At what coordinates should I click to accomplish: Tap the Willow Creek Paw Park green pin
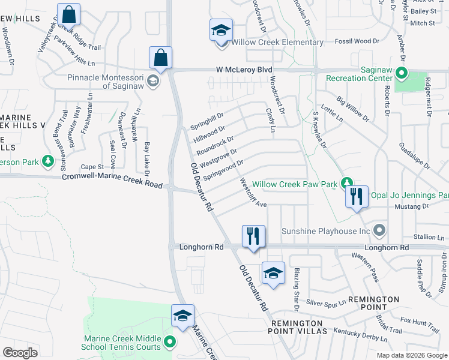coord(346,182)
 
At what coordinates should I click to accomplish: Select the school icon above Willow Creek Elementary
coord(220,29)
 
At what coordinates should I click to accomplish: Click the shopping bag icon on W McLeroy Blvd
coord(161,58)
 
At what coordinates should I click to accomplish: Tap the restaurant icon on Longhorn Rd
coord(253,236)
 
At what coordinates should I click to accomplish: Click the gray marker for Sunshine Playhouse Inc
coord(379,230)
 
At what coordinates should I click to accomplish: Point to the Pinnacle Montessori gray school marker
coord(153,81)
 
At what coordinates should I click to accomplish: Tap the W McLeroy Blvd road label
coord(244,70)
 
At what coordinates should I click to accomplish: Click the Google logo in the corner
coord(20,353)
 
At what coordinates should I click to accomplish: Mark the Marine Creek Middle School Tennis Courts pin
coord(169,343)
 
